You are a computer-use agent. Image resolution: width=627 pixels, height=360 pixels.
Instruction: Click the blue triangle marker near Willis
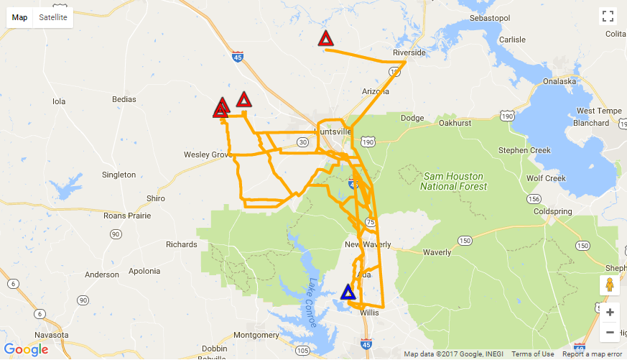pyautogui.click(x=348, y=292)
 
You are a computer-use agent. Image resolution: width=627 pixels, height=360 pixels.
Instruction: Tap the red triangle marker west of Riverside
pyautogui.click(x=325, y=39)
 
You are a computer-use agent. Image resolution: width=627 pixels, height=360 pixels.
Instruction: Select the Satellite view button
pyautogui.click(x=54, y=17)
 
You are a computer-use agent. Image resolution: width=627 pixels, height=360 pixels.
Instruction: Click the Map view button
pyautogui.click(x=20, y=17)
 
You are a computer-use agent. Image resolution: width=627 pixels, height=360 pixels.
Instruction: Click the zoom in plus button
pyautogui.click(x=610, y=313)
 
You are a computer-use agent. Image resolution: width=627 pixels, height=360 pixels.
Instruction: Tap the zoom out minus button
pyautogui.click(x=610, y=332)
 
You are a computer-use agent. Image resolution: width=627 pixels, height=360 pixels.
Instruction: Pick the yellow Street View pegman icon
pyautogui.click(x=610, y=285)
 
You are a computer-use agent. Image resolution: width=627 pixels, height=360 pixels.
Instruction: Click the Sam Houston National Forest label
pyautogui.click(x=453, y=181)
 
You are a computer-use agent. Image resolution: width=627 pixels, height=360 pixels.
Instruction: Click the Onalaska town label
pyautogui.click(x=550, y=81)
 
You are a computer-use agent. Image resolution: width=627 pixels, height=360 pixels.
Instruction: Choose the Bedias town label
pyautogui.click(x=124, y=98)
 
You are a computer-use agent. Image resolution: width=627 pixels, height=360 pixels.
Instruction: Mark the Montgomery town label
pyautogui.click(x=256, y=335)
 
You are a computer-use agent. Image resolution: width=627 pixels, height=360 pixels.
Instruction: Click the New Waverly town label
pyautogui.click(x=368, y=244)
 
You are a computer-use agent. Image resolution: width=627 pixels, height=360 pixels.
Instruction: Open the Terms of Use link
pyautogui.click(x=532, y=354)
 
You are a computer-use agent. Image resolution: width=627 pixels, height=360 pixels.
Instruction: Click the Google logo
pyautogui.click(x=26, y=350)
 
